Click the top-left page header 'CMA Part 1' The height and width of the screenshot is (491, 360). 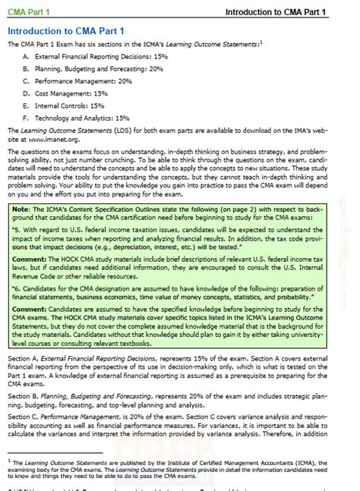click(29, 13)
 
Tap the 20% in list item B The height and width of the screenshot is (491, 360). click(156, 68)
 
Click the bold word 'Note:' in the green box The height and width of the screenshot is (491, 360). click(22, 208)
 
